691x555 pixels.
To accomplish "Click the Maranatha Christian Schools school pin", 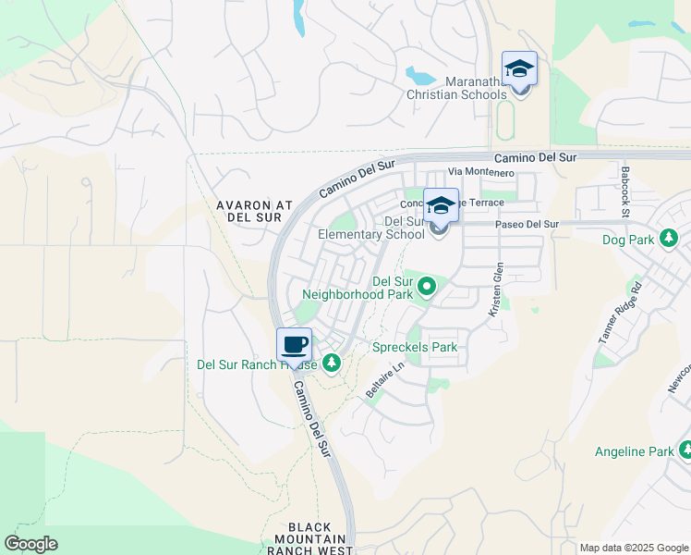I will [x=519, y=70].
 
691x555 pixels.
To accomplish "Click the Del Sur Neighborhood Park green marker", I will [x=426, y=288].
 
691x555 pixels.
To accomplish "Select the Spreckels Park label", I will [x=415, y=348].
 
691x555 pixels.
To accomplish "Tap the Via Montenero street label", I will [x=480, y=172].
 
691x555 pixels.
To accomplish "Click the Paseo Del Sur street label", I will [x=527, y=224].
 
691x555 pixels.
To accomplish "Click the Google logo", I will [x=30, y=544].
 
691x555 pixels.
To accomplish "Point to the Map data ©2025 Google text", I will [x=635, y=549].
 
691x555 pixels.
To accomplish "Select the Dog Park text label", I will [x=628, y=240].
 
